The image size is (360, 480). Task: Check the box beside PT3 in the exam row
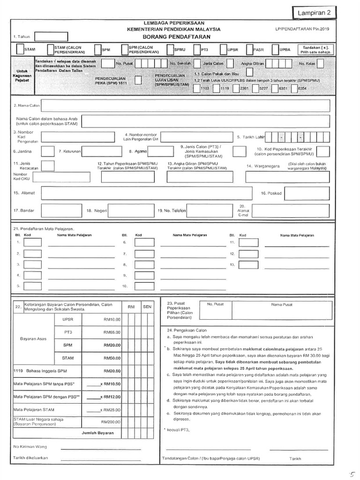(197, 49)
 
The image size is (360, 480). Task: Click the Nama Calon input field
(186, 105)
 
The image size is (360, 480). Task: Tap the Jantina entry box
(47, 151)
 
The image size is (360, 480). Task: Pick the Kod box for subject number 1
(32, 242)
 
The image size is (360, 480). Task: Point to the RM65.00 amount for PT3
(112, 332)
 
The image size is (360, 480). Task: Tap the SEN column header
(147, 307)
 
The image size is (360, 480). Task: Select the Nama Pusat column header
(281, 304)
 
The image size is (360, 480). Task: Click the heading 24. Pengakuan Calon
(183, 330)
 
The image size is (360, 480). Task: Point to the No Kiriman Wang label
(30, 446)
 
